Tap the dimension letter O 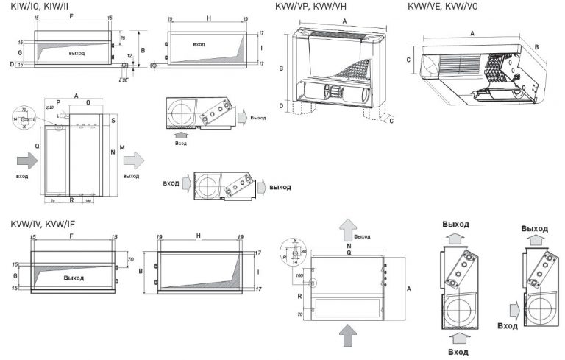[x=88, y=104]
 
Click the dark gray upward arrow [x=345, y=335]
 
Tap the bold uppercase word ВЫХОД [x=280, y=187]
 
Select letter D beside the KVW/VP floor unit [x=282, y=106]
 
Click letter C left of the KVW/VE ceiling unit [x=408, y=58]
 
